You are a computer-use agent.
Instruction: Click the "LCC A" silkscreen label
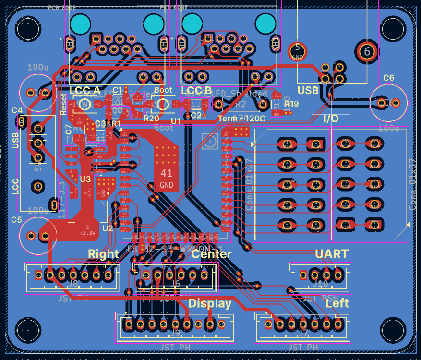(85, 91)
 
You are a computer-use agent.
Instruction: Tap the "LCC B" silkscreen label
(196, 91)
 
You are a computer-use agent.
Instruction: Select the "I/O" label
(330, 119)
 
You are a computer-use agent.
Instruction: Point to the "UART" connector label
(332, 254)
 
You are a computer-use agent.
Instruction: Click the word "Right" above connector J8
(103, 254)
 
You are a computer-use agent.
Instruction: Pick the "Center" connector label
(212, 254)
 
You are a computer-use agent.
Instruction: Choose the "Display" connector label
(210, 303)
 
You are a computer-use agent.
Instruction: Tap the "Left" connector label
(337, 303)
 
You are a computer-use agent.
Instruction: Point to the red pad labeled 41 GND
(167, 178)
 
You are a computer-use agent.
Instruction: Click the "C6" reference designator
(389, 78)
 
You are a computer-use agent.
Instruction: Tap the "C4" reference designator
(17, 110)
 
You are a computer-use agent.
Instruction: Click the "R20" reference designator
(151, 118)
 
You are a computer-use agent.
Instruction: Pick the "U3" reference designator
(85, 179)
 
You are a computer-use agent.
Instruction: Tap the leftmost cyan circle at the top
(80, 23)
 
